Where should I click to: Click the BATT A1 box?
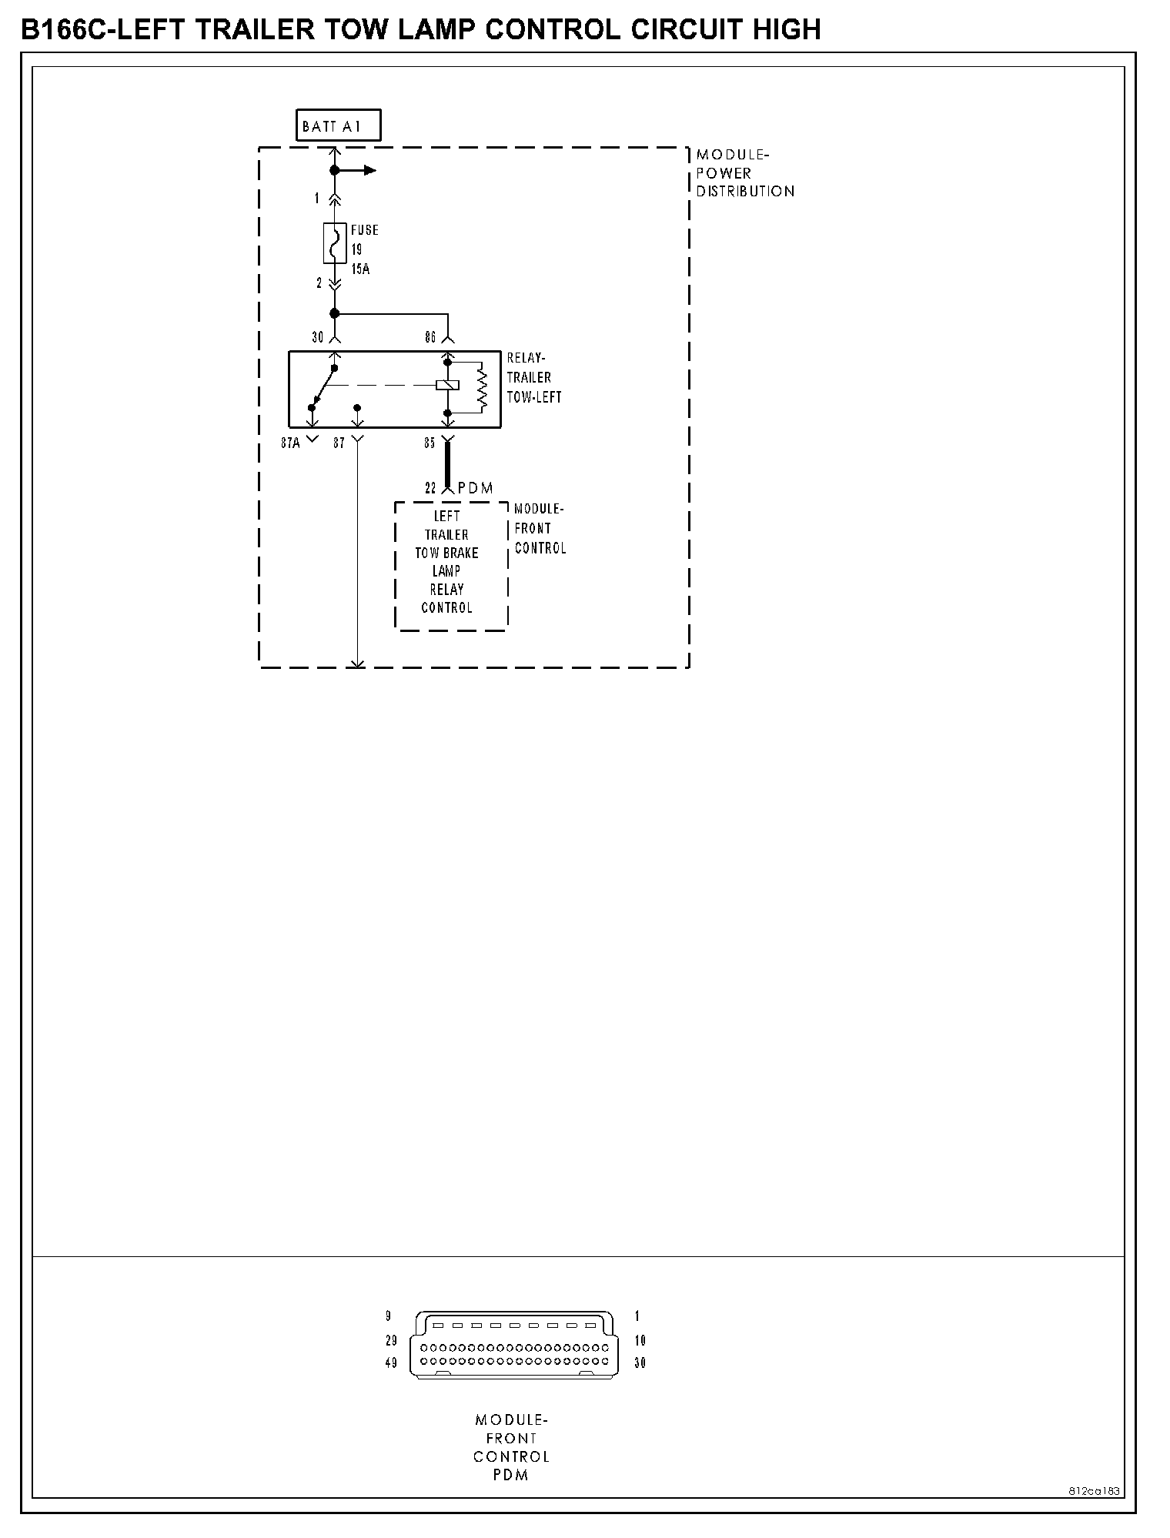pos(338,126)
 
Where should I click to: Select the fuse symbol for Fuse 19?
pos(335,243)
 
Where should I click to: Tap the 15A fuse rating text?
pos(360,269)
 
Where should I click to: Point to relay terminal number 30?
pos(318,337)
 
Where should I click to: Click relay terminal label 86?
pos(431,337)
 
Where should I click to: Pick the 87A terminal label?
pos(290,443)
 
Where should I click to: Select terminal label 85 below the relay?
pos(430,443)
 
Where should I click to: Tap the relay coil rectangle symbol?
pos(447,385)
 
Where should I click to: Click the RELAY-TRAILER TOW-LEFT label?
pos(533,378)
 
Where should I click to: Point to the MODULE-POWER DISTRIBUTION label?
pos(744,173)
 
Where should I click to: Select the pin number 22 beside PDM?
pos(431,488)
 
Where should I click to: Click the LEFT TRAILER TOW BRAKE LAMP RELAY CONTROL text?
pos(447,562)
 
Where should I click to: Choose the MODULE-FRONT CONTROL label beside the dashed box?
pos(540,529)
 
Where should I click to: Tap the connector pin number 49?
pos(391,1363)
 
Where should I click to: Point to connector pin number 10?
pos(640,1342)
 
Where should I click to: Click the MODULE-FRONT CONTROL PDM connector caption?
pos(511,1447)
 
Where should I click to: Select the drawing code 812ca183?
pos(1094,1491)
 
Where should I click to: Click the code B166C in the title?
pos(65,30)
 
